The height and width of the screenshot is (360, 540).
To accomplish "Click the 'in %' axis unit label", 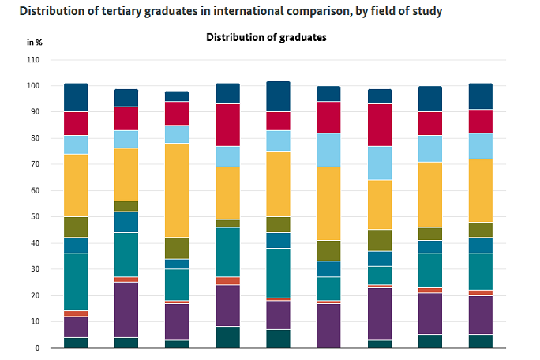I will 35,41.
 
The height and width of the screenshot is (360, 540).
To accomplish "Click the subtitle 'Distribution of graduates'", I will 266,37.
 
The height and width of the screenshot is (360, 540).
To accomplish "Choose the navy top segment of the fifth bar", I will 278,96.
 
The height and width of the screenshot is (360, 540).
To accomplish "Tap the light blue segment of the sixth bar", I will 328,150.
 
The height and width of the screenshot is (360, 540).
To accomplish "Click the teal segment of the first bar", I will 76,282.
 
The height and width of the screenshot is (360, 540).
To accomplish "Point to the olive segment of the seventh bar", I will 379,240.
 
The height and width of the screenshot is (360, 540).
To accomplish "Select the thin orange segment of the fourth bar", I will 227,281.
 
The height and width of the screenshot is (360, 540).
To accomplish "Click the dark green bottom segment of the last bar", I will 480,341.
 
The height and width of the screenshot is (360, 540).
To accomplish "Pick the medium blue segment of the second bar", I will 126,222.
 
